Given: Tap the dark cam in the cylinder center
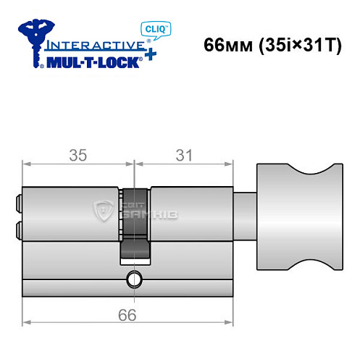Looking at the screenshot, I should coord(135,224).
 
